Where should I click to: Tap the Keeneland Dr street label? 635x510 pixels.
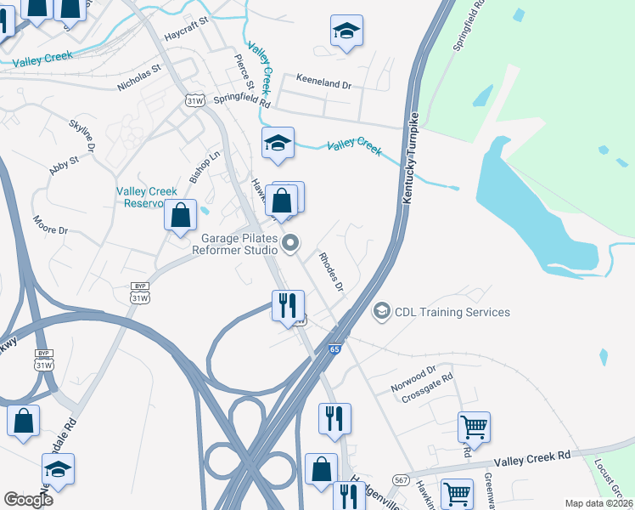pyautogui.click(x=323, y=83)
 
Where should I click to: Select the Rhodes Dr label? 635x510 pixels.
pyautogui.click(x=331, y=271)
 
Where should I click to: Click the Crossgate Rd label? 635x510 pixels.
pyautogui.click(x=428, y=388)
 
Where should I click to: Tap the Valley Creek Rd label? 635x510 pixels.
pyautogui.click(x=533, y=457)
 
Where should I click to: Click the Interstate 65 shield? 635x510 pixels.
pyautogui.click(x=334, y=349)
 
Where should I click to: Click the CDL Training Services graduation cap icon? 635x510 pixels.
pyautogui.click(x=382, y=312)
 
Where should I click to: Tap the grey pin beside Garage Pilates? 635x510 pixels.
pyautogui.click(x=290, y=243)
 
